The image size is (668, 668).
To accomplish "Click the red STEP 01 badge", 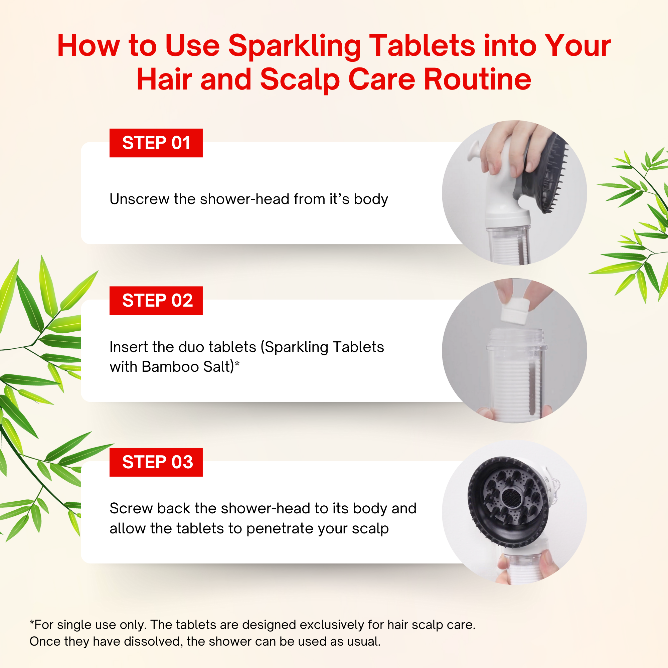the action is (156, 143).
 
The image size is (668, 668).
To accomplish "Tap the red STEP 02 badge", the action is (156, 301).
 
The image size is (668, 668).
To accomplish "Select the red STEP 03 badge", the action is (156, 462).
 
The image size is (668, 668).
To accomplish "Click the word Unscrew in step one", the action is (140, 199).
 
